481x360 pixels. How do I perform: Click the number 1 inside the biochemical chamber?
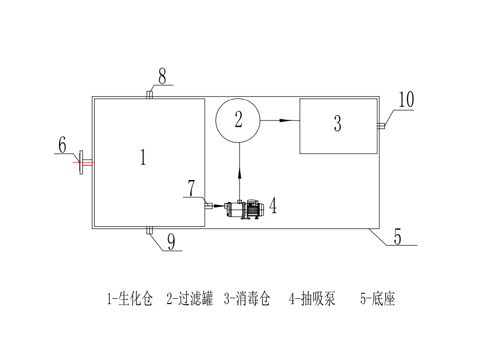(x=143, y=157)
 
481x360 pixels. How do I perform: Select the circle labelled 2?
(x=238, y=120)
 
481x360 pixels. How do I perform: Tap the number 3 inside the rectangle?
(x=338, y=124)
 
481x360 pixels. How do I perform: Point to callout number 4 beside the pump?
(x=273, y=205)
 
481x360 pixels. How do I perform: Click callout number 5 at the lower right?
(x=397, y=237)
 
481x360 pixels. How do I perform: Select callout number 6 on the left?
(x=62, y=145)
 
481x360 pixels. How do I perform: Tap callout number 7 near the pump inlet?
(x=191, y=188)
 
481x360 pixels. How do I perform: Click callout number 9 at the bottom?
(x=170, y=243)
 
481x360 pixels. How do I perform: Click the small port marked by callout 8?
(x=150, y=95)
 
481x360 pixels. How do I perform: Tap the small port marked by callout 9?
(x=150, y=231)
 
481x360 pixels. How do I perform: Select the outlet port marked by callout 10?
(x=380, y=126)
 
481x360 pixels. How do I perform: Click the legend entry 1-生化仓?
(x=131, y=299)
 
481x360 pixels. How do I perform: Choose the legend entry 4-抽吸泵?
(x=312, y=299)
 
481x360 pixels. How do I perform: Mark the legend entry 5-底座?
(x=377, y=299)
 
